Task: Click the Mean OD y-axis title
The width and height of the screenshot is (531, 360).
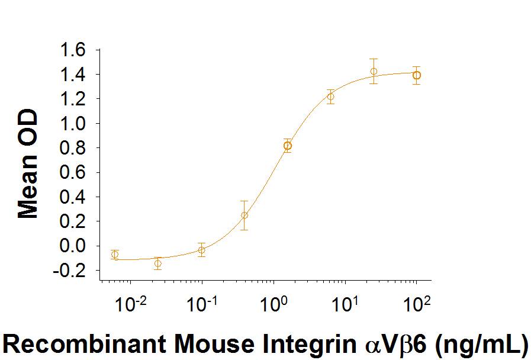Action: (28, 164)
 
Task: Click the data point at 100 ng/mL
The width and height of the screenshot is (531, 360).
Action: (417, 75)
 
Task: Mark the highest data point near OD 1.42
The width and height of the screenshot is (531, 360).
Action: (374, 72)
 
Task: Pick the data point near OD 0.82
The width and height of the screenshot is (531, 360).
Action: (288, 146)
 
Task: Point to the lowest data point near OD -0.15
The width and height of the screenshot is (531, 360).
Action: (157, 263)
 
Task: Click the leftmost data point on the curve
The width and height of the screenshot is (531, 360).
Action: (115, 255)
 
